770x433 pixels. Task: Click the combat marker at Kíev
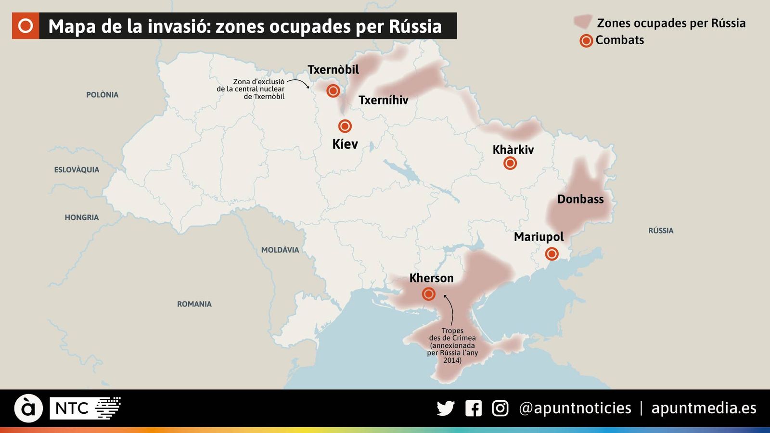click(345, 126)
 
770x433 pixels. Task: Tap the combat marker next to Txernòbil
click(333, 90)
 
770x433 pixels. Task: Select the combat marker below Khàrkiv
click(510, 164)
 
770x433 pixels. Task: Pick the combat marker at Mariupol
click(552, 254)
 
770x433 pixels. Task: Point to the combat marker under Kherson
click(428, 293)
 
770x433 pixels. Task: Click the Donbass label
click(580, 199)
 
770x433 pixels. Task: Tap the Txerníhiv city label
click(383, 100)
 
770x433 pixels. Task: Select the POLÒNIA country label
click(102, 95)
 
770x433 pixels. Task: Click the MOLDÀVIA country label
click(280, 250)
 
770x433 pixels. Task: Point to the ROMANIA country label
click(194, 304)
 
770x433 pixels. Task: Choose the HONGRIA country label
click(81, 217)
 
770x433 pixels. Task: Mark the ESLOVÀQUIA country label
click(77, 170)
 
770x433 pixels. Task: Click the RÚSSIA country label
click(660, 231)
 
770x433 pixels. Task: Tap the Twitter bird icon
click(446, 408)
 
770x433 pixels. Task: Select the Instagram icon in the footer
click(500, 408)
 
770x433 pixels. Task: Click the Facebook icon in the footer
click(473, 408)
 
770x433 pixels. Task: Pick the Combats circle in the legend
click(586, 41)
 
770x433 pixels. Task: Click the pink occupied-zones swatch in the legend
click(582, 22)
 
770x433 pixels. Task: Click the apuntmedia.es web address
click(703, 408)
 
